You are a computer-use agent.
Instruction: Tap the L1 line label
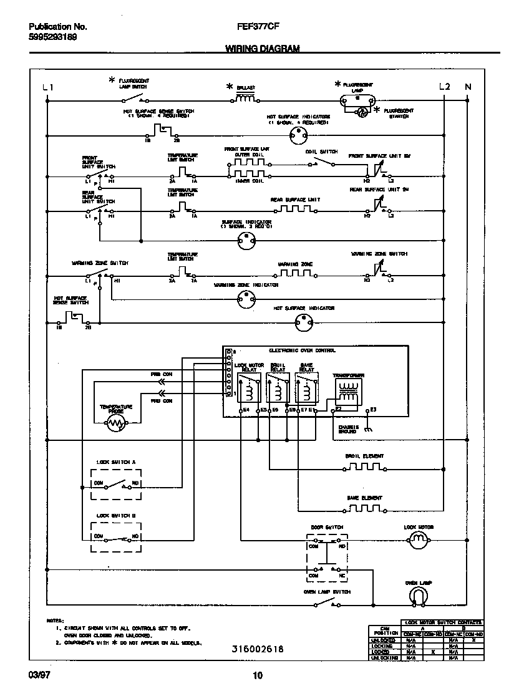48,87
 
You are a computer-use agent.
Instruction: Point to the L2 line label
444,87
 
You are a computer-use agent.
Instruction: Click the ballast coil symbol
246,98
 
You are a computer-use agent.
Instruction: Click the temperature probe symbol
116,424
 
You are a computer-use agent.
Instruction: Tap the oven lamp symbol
419,597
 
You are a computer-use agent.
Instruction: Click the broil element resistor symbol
364,467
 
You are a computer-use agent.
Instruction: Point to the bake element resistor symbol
364,508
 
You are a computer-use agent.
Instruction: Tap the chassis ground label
348,429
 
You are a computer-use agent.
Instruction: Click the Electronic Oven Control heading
302,351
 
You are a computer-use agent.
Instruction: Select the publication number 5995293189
53,37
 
